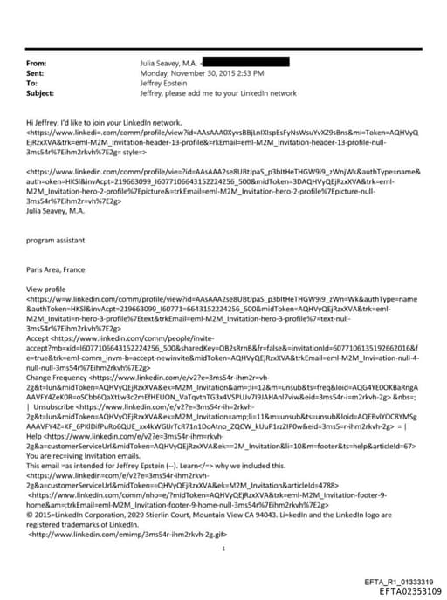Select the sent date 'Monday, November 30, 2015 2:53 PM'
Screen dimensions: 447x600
pos(196,74)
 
